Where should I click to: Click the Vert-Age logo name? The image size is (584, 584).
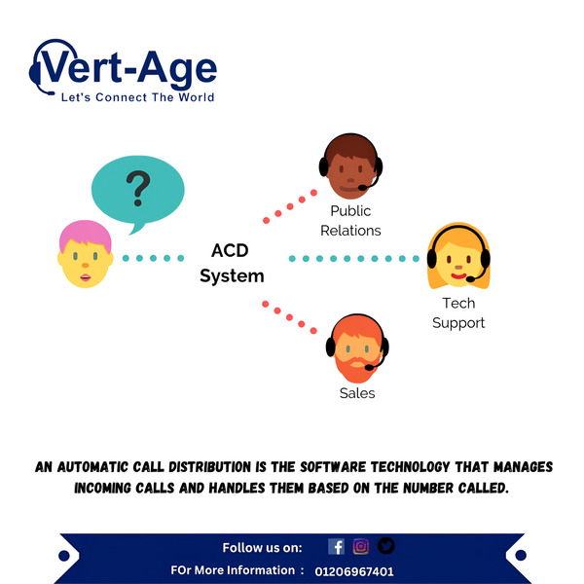128,69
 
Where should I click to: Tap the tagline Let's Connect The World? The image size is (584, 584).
138,97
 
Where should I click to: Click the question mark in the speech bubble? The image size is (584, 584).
138,188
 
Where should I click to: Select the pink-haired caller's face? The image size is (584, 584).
86,254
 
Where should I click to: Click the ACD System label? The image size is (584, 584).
232,264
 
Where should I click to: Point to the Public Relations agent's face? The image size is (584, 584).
350,166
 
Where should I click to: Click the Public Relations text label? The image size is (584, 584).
350,221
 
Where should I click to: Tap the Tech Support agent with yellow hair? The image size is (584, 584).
458,256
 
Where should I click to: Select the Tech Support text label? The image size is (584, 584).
458,313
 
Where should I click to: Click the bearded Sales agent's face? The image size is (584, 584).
357,348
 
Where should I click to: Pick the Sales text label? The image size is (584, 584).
357,393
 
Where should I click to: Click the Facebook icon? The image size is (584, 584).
337,547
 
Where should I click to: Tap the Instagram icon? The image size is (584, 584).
361,546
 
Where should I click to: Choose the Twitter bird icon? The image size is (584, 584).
385,546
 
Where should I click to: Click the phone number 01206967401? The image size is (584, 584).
354,571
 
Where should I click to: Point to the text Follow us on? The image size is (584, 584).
262,548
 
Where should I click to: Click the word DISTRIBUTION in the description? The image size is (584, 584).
210,467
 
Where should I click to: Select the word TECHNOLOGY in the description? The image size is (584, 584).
411,467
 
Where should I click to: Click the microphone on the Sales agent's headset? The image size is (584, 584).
369,368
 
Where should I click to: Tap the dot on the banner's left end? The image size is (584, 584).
64,556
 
